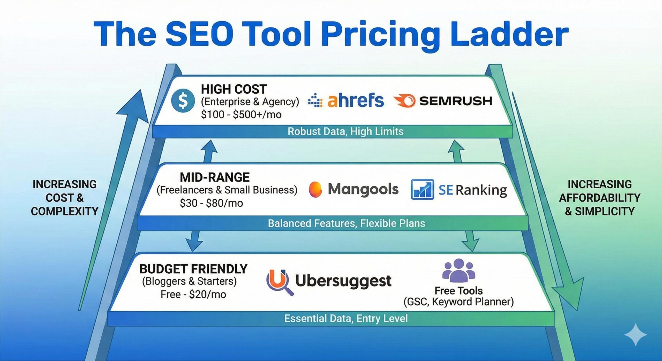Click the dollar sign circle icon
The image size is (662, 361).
[183, 100]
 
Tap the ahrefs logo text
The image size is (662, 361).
[355, 101]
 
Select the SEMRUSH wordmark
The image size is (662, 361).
[455, 101]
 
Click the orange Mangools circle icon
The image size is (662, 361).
[315, 189]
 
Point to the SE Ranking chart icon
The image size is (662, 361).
[422, 190]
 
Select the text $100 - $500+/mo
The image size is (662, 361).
[241, 115]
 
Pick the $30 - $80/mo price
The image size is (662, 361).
[211, 203]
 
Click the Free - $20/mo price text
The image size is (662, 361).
[193, 295]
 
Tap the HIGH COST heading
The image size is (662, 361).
[234, 89]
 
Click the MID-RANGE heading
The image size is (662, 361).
[215, 178]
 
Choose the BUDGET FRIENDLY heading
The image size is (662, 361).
[193, 269]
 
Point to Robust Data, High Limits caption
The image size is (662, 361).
[345, 132]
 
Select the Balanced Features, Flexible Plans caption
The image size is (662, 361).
[346, 223]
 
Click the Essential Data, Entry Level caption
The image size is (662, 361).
[346, 319]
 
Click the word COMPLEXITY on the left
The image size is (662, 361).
[64, 212]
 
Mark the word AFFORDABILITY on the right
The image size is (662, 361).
[599, 198]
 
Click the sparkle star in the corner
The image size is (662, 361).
[635, 335]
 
